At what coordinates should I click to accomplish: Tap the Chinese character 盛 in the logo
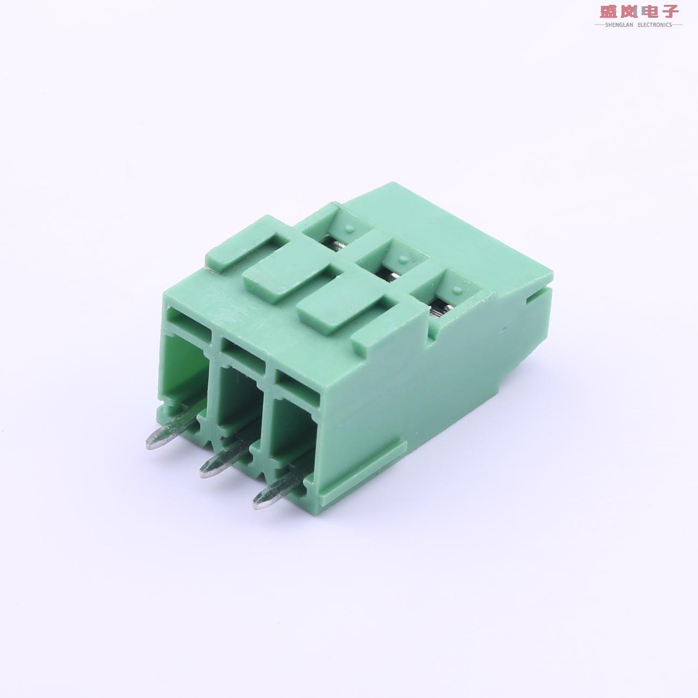point(610,11)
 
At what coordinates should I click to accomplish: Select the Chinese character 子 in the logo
point(669,11)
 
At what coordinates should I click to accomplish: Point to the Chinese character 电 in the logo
point(649,11)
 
